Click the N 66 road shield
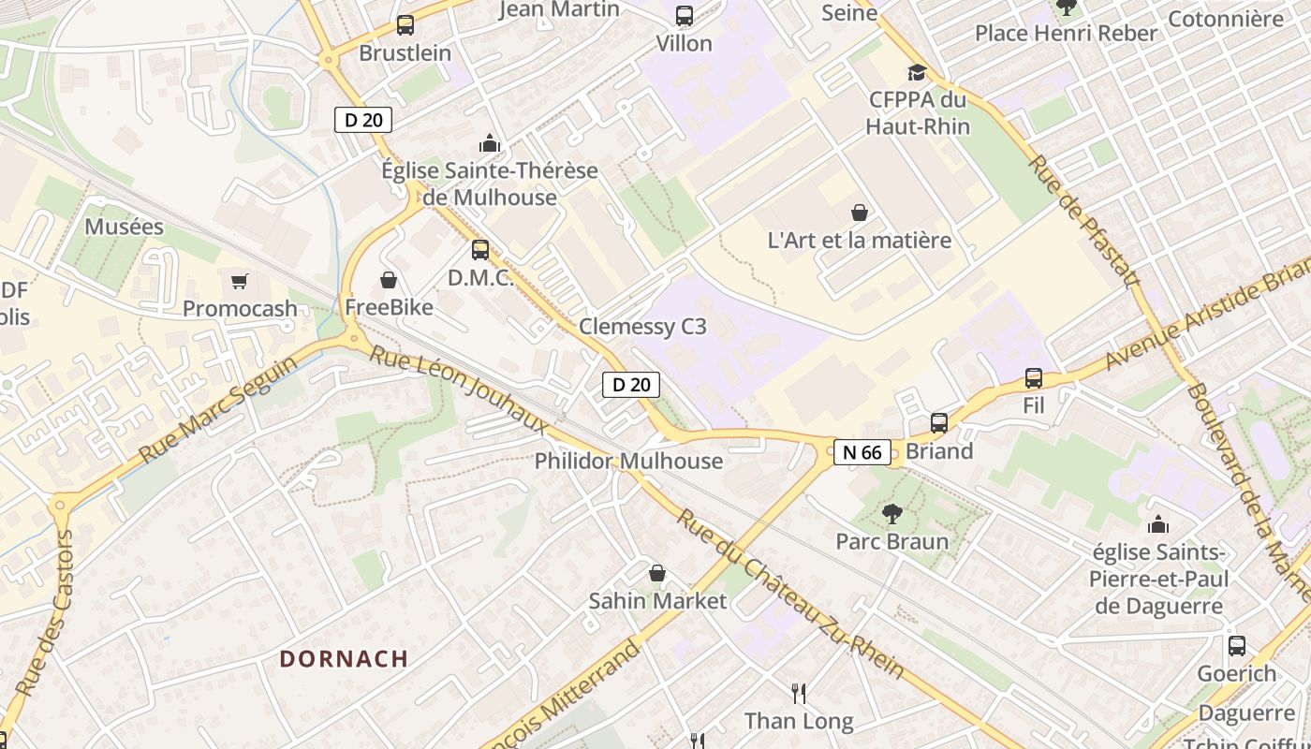click(x=862, y=452)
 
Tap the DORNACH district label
click(x=344, y=658)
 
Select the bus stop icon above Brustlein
click(x=405, y=25)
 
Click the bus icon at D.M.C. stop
click(x=480, y=250)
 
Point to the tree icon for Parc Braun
click(x=891, y=513)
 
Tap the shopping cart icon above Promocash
click(x=240, y=281)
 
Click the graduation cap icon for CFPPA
click(x=917, y=72)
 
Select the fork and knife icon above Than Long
click(x=799, y=693)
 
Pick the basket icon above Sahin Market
click(x=657, y=573)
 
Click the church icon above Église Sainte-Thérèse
click(x=489, y=143)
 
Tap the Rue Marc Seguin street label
click(x=217, y=409)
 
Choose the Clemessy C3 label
click(x=642, y=327)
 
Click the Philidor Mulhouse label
click(x=628, y=461)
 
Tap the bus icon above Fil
click(x=1034, y=378)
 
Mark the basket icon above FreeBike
click(x=388, y=280)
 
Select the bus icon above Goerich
click(x=1236, y=645)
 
